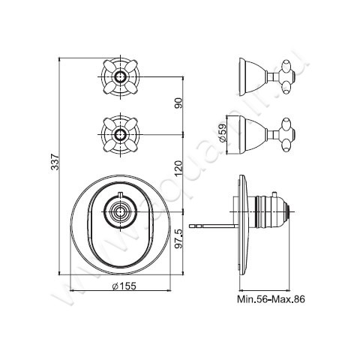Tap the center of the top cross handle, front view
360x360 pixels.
pos(119,76)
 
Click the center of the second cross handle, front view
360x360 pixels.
pos(119,136)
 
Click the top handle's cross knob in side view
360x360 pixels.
pos(285,76)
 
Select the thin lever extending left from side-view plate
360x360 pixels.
pos(214,223)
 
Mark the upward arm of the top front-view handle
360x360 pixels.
pos(119,63)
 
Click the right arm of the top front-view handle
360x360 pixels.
pos(135,76)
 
